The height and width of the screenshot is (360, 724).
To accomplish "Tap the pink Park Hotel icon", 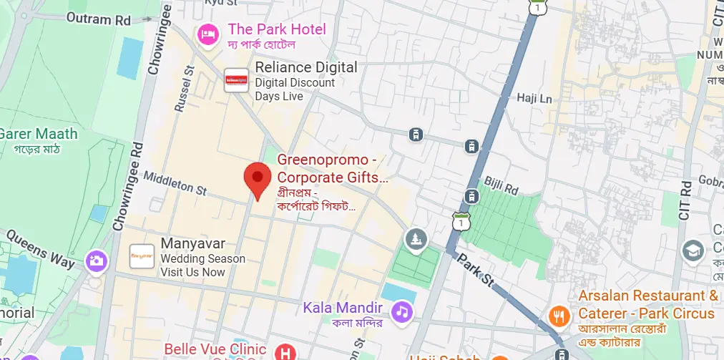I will [208, 33].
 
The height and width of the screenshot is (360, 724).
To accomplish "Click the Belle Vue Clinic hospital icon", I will [285, 351].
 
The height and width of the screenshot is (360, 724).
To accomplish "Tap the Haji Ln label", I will [534, 98].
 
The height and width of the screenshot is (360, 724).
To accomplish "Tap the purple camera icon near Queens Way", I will [96, 261].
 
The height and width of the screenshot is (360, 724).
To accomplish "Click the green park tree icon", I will [415, 239].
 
